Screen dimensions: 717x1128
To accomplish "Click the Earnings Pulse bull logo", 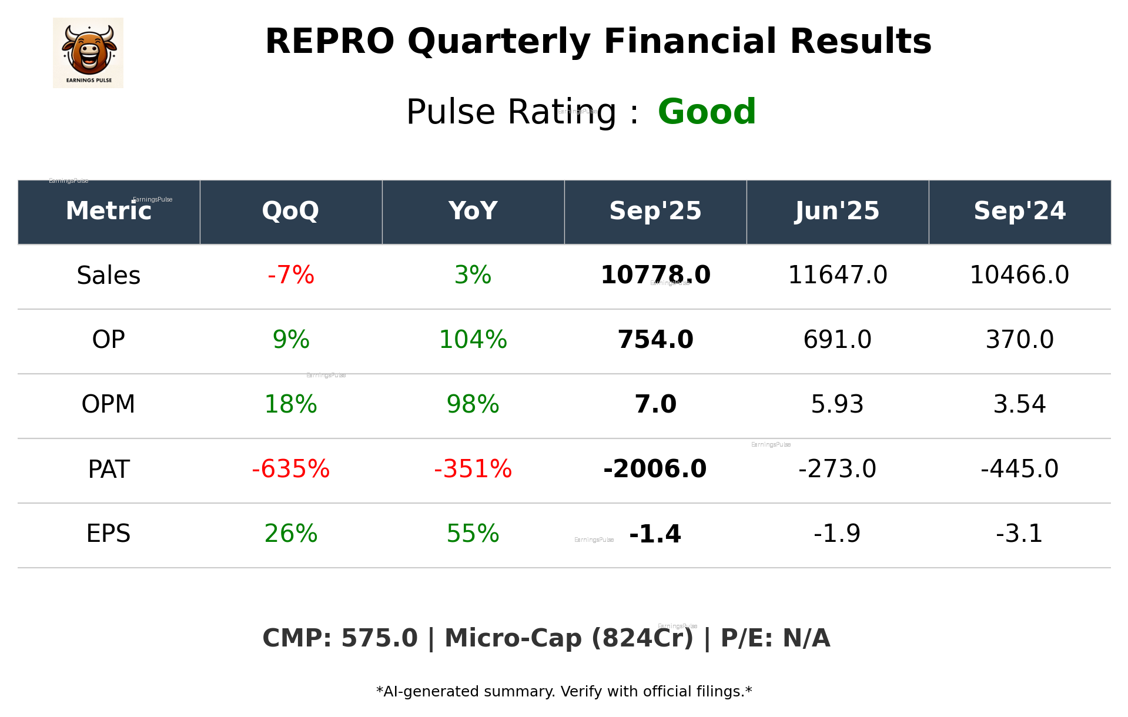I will (88, 53).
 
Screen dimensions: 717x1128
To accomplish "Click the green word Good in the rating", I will (707, 112).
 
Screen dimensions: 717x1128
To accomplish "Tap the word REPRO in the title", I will (329, 42).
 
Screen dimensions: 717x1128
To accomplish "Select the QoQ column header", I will (291, 211).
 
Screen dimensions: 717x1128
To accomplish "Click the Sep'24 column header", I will (1019, 211).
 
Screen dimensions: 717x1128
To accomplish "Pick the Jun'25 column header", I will (837, 211).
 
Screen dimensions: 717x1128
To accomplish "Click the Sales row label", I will (109, 276).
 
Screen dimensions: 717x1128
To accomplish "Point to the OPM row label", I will (109, 404).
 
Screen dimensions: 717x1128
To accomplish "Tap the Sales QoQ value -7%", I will (291, 276).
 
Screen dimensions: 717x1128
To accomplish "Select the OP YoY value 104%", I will (473, 340).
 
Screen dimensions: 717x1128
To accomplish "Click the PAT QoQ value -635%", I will (291, 469).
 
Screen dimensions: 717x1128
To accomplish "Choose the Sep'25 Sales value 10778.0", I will (655, 276).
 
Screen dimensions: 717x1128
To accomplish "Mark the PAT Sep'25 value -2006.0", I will (655, 469).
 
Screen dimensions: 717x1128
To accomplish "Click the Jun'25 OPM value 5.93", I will (837, 404).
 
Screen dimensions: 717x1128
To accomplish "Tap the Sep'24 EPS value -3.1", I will (1019, 534).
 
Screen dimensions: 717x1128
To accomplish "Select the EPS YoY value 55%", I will (473, 534).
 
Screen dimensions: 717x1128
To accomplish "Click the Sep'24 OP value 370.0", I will (1019, 340).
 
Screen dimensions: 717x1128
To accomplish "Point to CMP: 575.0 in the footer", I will (340, 639).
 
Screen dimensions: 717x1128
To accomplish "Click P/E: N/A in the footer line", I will (775, 639).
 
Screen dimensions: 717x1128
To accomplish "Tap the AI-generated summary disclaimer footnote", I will (564, 692).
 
